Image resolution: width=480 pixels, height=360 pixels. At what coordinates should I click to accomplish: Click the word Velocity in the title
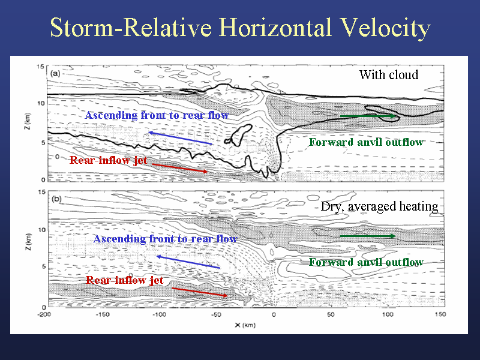pos(385,28)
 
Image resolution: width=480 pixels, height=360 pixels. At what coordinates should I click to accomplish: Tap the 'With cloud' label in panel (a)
pos(389,74)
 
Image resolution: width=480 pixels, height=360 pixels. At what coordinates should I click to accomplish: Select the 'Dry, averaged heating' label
pos(380,206)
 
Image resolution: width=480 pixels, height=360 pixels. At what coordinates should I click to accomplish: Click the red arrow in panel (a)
pos(180,168)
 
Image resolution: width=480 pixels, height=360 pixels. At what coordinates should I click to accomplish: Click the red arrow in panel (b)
pos(200,292)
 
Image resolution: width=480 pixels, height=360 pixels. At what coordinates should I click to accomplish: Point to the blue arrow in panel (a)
pos(180,138)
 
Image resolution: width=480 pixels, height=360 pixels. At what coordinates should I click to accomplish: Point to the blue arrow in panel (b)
pos(188,262)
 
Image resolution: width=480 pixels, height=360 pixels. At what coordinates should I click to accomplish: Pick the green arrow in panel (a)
pos(368,116)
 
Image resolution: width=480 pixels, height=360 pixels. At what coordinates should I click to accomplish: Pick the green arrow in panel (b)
pos(368,236)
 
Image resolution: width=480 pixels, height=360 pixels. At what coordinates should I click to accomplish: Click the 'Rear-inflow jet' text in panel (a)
pos(109,160)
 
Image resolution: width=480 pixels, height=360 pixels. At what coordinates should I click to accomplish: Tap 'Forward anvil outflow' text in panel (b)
pos(366,262)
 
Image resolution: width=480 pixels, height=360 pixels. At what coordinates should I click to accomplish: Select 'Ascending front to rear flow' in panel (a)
pos(157,115)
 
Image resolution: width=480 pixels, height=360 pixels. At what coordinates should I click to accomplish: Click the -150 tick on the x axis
pos(102,314)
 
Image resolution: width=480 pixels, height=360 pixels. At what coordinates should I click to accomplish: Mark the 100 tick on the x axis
pos(387,314)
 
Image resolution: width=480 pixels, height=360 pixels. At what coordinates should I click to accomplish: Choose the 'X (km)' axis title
pos(245,325)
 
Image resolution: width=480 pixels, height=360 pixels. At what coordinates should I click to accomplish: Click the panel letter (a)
pos(55,73)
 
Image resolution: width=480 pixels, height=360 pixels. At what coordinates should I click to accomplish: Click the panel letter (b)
pos(56,199)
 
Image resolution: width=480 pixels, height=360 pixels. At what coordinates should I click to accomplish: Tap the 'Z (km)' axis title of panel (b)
pos(28,242)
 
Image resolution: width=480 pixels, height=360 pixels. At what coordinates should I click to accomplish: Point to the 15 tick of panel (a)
pos(40,67)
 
